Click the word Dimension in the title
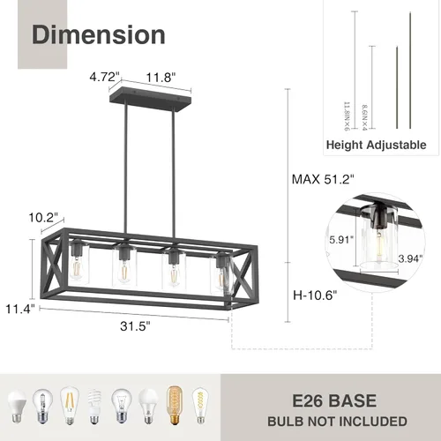99,34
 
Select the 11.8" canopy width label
161,77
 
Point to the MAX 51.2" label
324,179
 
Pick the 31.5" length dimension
131,325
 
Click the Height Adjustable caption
376,145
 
